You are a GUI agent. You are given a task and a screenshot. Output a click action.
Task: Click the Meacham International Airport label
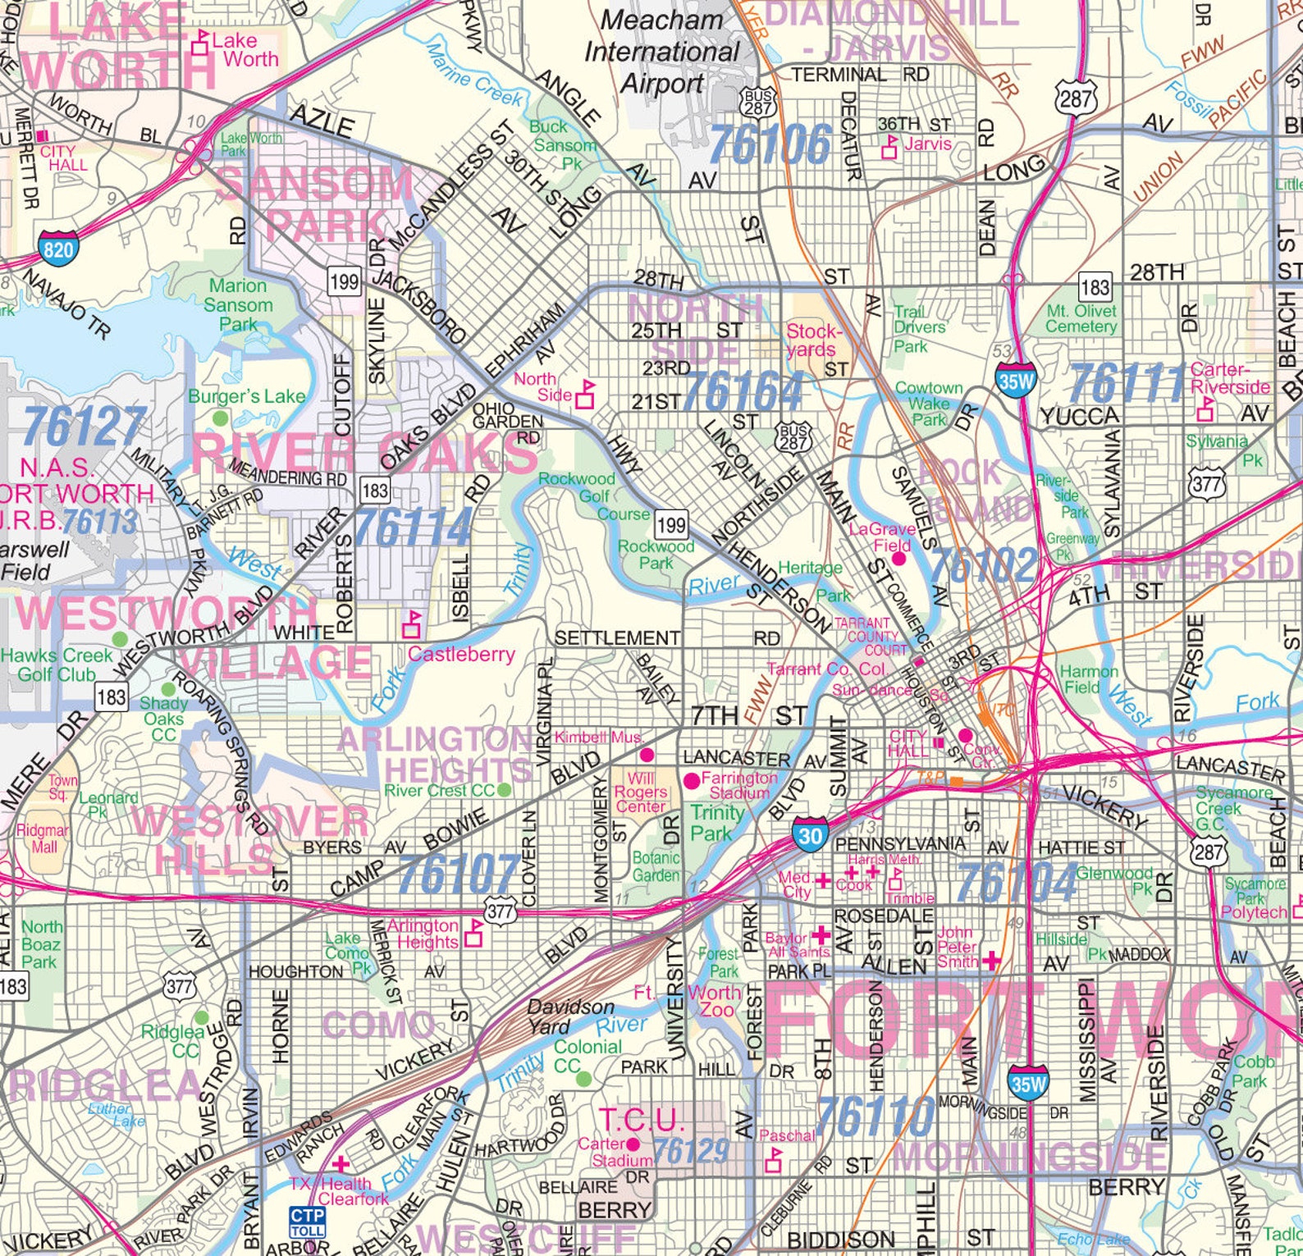661,52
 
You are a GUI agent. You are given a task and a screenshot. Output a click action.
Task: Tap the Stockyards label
813,340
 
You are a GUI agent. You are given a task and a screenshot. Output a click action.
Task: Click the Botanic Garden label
656,866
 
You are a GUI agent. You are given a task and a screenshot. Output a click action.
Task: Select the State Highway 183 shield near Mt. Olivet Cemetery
1095,287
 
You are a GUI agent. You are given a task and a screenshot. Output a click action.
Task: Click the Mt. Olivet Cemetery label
1081,318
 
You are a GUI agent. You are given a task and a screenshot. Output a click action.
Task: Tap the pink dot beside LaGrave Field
898,559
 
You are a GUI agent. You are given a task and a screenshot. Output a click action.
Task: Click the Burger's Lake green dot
220,418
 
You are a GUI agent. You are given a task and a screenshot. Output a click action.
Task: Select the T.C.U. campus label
641,1120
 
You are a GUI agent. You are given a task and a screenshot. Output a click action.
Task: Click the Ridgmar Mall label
44,837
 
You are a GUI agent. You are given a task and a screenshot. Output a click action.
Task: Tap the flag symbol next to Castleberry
411,625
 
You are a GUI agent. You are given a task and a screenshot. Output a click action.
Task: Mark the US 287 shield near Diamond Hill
1076,99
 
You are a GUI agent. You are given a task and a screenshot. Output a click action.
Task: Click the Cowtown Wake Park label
928,404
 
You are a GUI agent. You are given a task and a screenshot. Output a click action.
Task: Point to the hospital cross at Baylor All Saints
821,935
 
